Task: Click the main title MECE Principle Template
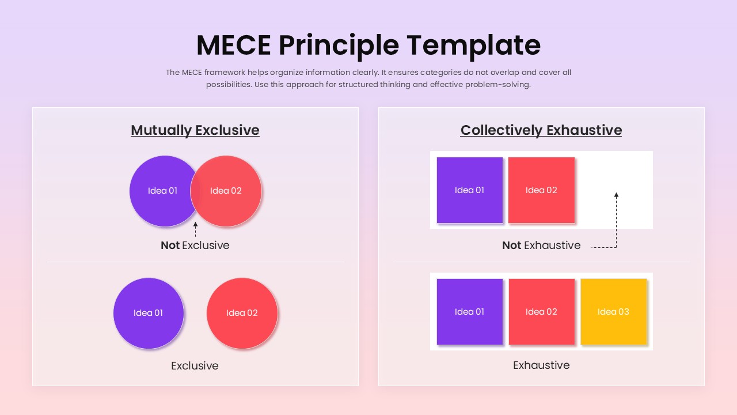[x=368, y=46]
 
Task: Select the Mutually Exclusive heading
[x=195, y=130]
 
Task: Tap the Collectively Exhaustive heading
[x=541, y=130]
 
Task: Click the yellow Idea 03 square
[x=614, y=312]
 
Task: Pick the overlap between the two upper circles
[x=195, y=191]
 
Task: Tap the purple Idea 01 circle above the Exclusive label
[x=149, y=313]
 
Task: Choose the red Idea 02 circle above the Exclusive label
[x=242, y=313]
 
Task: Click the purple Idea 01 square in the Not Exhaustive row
[x=470, y=190]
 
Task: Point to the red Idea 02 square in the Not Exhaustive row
[x=542, y=190]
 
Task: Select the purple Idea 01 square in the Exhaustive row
[x=470, y=312]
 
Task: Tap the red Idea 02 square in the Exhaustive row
[x=542, y=312]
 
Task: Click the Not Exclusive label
[x=195, y=246]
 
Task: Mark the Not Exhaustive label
[x=541, y=246]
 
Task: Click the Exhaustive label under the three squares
[x=541, y=365]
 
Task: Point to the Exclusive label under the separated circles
[x=195, y=366]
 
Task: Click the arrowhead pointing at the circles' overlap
[x=195, y=224]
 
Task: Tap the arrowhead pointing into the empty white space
[x=616, y=195]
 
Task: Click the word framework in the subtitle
[x=225, y=73]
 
